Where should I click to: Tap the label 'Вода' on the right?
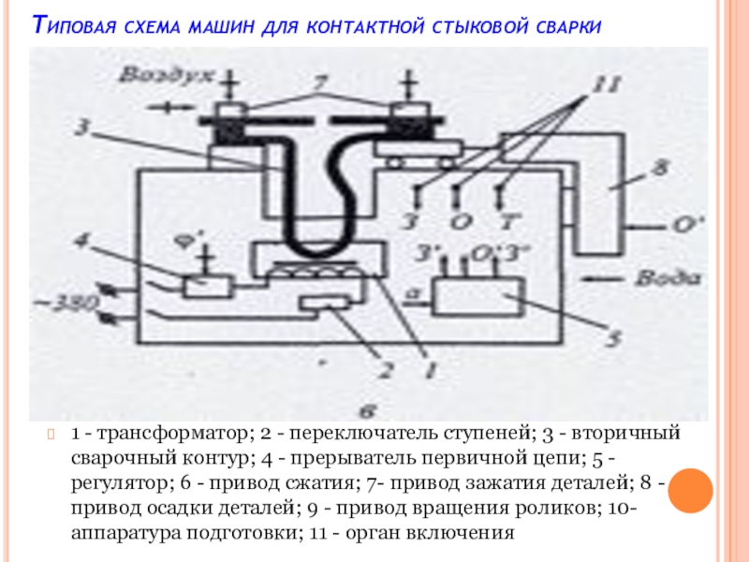pos(667,278)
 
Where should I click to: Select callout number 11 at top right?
pos(604,87)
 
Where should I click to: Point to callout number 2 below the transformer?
pos(382,368)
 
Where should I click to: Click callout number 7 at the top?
pos(321,86)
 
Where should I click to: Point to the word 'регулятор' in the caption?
pos(119,484)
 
